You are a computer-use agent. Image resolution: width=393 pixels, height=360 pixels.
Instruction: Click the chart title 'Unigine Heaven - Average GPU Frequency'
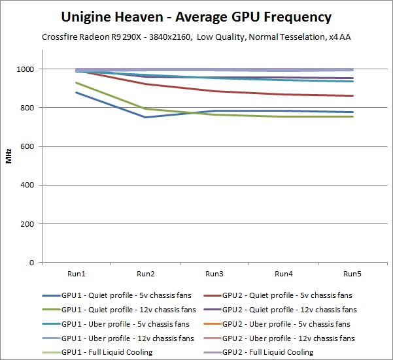(196, 17)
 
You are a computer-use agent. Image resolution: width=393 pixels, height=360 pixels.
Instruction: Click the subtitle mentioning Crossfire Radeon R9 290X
(196, 37)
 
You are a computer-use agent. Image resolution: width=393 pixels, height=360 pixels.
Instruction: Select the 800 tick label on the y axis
(29, 108)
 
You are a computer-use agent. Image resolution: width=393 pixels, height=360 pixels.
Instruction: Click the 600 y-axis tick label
(29, 146)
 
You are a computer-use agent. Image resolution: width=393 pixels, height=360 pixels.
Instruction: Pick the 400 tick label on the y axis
(29, 186)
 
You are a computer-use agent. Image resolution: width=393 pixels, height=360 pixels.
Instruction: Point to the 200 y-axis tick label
(29, 224)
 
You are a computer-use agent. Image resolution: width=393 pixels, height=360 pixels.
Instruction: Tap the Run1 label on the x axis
(77, 272)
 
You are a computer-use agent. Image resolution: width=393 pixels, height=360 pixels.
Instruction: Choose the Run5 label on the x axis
(352, 272)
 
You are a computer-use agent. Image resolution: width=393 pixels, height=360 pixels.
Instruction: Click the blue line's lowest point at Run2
(146, 118)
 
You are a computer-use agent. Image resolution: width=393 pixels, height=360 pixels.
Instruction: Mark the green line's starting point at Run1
(77, 83)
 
